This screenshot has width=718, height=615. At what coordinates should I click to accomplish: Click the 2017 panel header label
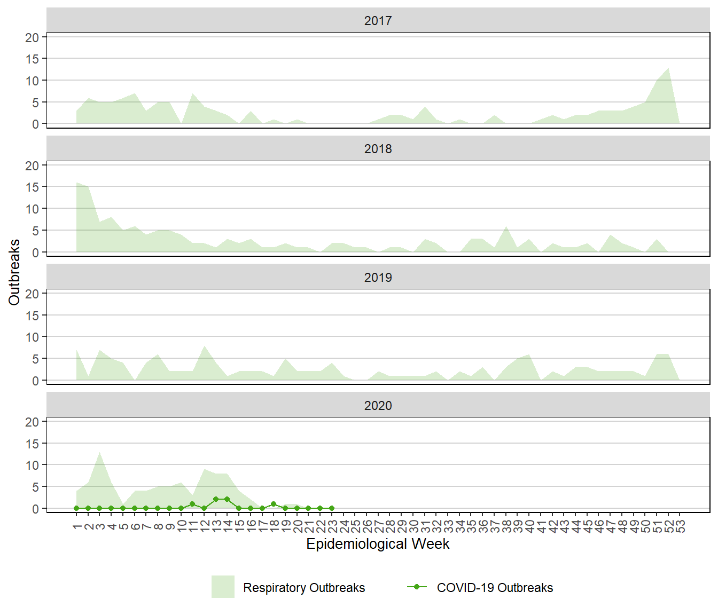coord(378,21)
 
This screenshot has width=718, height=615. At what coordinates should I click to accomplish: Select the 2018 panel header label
coord(378,149)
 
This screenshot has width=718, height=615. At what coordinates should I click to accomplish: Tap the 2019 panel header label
coord(378,278)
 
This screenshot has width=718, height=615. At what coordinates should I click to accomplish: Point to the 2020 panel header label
coord(378,406)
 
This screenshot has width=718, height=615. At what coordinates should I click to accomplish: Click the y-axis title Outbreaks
coord(14,272)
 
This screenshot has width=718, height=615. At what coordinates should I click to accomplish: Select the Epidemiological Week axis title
coord(378,544)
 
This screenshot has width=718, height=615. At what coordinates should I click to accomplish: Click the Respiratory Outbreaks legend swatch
coord(223,587)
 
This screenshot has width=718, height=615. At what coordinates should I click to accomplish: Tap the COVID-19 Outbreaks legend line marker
coord(417,587)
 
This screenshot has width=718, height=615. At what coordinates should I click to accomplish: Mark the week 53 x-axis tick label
coord(680,527)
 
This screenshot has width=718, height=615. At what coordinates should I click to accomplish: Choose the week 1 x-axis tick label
coord(77,527)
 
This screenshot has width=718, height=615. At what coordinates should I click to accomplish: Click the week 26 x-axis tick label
coord(366,527)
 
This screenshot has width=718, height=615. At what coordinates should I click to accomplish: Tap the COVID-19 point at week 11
coord(192,504)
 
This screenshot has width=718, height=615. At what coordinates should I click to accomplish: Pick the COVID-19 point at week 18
coord(274,504)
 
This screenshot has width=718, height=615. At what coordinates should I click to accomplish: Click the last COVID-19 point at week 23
coord(332,508)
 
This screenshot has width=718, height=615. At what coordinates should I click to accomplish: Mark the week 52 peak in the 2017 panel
coord(668,68)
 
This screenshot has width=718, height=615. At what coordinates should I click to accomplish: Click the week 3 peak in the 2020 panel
coord(100,452)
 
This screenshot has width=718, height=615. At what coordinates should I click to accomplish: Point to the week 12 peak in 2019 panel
coord(204,346)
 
